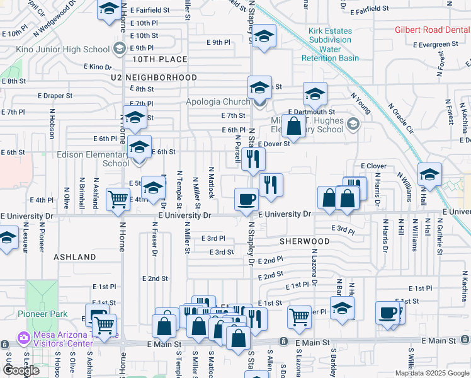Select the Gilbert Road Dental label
coord(432,30)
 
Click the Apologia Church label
coord(218,101)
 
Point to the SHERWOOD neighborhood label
coord(305,241)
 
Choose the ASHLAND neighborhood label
coord(75,257)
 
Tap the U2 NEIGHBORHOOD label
coord(153,77)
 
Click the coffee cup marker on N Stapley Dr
coord(246,200)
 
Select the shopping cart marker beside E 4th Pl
coord(118,199)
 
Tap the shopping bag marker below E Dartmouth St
coord(294,126)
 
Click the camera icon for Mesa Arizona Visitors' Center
coord(24,337)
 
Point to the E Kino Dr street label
coord(98,66)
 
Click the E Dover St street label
coord(273,143)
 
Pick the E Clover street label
coord(373,166)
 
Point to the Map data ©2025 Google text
coord(432,373)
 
